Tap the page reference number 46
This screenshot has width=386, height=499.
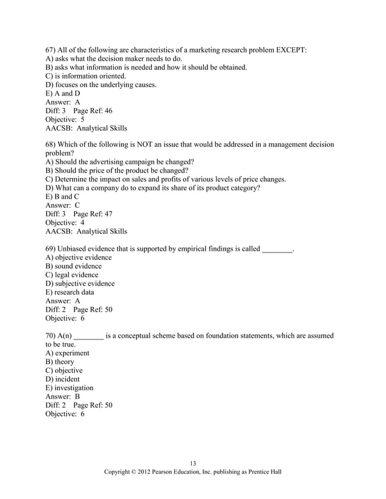click(107, 111)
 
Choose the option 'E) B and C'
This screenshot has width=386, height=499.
click(62, 197)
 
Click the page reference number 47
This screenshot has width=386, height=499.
click(107, 214)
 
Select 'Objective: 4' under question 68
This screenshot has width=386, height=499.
click(65, 222)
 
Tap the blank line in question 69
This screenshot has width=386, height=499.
click(277, 249)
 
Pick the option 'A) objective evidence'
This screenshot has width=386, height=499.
click(79, 257)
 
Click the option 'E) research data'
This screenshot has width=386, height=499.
click(70, 292)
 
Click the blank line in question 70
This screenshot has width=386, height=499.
click(88, 336)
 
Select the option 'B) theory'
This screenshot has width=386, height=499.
click(60, 362)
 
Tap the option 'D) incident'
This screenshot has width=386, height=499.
click(62, 379)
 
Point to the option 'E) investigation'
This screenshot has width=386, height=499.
click(70, 388)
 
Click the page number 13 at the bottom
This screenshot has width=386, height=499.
click(193, 463)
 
